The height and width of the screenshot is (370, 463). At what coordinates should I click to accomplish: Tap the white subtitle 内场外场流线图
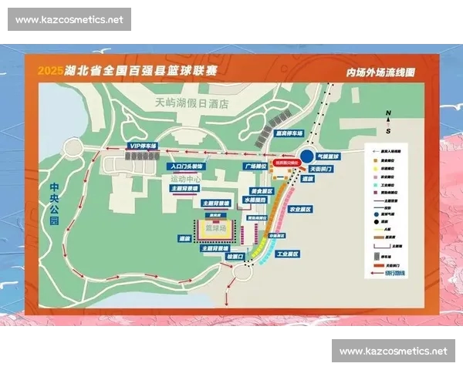click(380, 72)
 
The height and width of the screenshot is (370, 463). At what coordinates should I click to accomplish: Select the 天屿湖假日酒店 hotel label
click(192, 101)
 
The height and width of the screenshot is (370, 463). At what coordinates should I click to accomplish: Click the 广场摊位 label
click(255, 166)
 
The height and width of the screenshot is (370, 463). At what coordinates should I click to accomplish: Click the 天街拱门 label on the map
click(321, 168)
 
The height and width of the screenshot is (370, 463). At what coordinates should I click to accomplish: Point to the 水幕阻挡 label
click(255, 200)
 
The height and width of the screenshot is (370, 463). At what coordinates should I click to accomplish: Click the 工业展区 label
click(287, 254)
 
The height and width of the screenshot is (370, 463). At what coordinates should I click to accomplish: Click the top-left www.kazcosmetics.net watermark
click(69, 19)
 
